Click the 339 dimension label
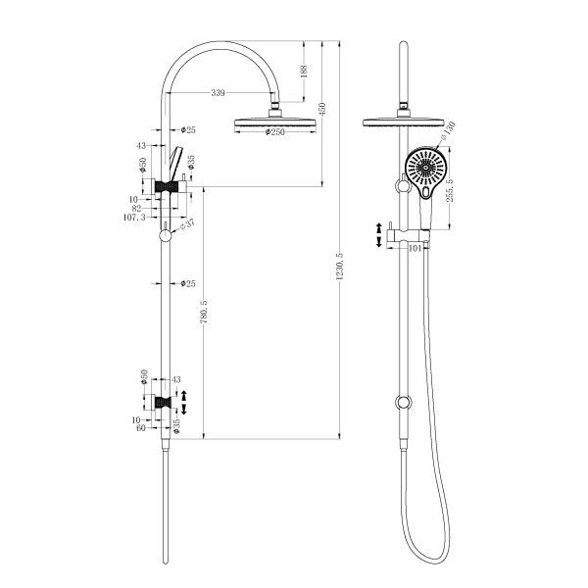click(x=218, y=93)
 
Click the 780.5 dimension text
click(x=203, y=314)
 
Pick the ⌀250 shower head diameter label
click(x=273, y=134)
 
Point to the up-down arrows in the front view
click(x=380, y=235)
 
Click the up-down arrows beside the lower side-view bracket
click(x=182, y=401)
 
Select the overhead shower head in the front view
click(x=401, y=122)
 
